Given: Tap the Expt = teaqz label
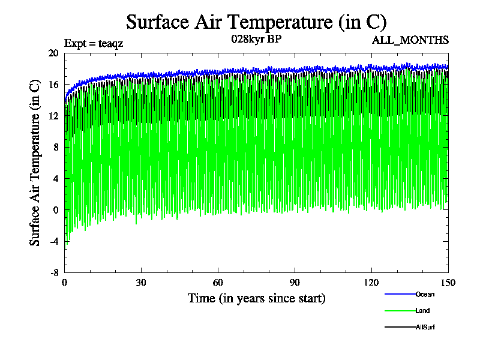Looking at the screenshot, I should point(93,43).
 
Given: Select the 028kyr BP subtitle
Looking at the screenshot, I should point(256,40).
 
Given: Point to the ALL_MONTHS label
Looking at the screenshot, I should point(410,40).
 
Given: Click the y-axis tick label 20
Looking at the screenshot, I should point(53,53).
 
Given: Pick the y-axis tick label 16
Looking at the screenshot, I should point(53,85).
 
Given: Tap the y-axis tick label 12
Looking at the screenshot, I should point(53,116).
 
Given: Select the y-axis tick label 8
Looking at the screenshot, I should point(56,147).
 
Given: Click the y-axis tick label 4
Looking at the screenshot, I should point(56,178).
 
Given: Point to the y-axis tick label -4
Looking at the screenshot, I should point(54,241).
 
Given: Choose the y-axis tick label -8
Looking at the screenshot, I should point(54,272).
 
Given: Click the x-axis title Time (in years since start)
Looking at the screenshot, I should point(256,298).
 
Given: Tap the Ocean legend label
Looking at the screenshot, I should point(424,294).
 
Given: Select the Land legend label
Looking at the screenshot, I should point(422,311).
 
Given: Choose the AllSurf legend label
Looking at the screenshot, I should point(425,327).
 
